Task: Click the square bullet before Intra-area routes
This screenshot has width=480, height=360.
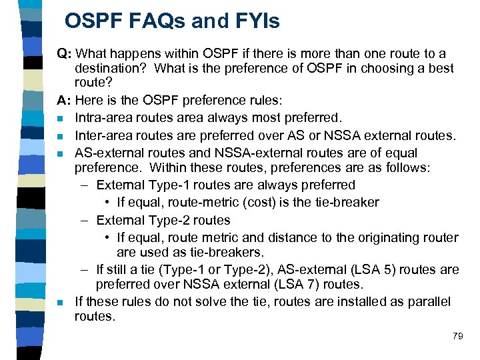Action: pos(61,119)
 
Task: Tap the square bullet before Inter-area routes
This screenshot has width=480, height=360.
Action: pos(61,136)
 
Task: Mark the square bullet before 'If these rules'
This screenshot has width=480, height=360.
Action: pos(61,302)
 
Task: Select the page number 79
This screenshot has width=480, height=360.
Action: pos(457,336)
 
